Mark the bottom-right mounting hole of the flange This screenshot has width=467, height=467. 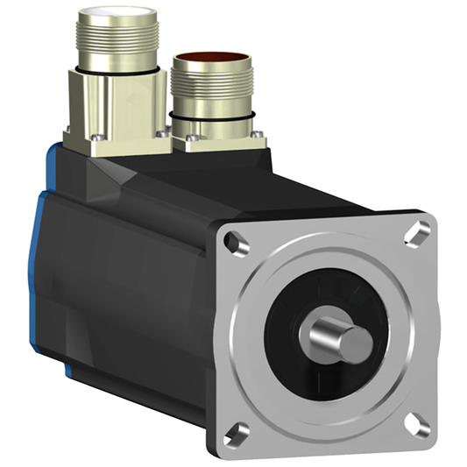tap(420, 424)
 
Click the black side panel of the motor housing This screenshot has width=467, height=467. tap(131, 289)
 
